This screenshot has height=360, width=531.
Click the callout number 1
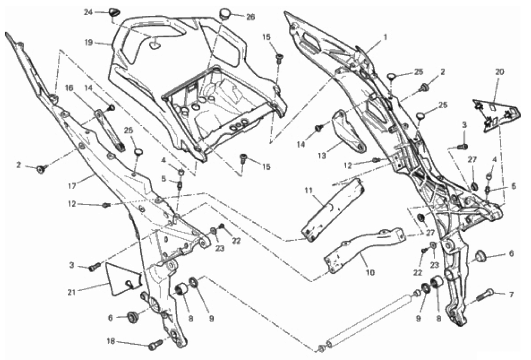click(x=385, y=36)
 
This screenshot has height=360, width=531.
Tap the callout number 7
click(x=512, y=294)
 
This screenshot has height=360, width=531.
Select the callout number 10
click(x=370, y=272)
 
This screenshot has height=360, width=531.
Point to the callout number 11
click(x=308, y=190)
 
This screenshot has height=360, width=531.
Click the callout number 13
click(x=322, y=156)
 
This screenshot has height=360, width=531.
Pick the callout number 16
click(x=69, y=88)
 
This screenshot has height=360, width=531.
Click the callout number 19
click(x=88, y=43)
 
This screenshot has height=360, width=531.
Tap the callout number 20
click(x=499, y=72)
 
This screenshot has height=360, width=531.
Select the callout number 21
click(x=71, y=292)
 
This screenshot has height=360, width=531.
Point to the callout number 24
click(x=88, y=12)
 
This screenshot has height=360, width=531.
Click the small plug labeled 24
click(x=113, y=13)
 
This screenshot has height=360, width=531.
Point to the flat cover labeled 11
click(x=332, y=210)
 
